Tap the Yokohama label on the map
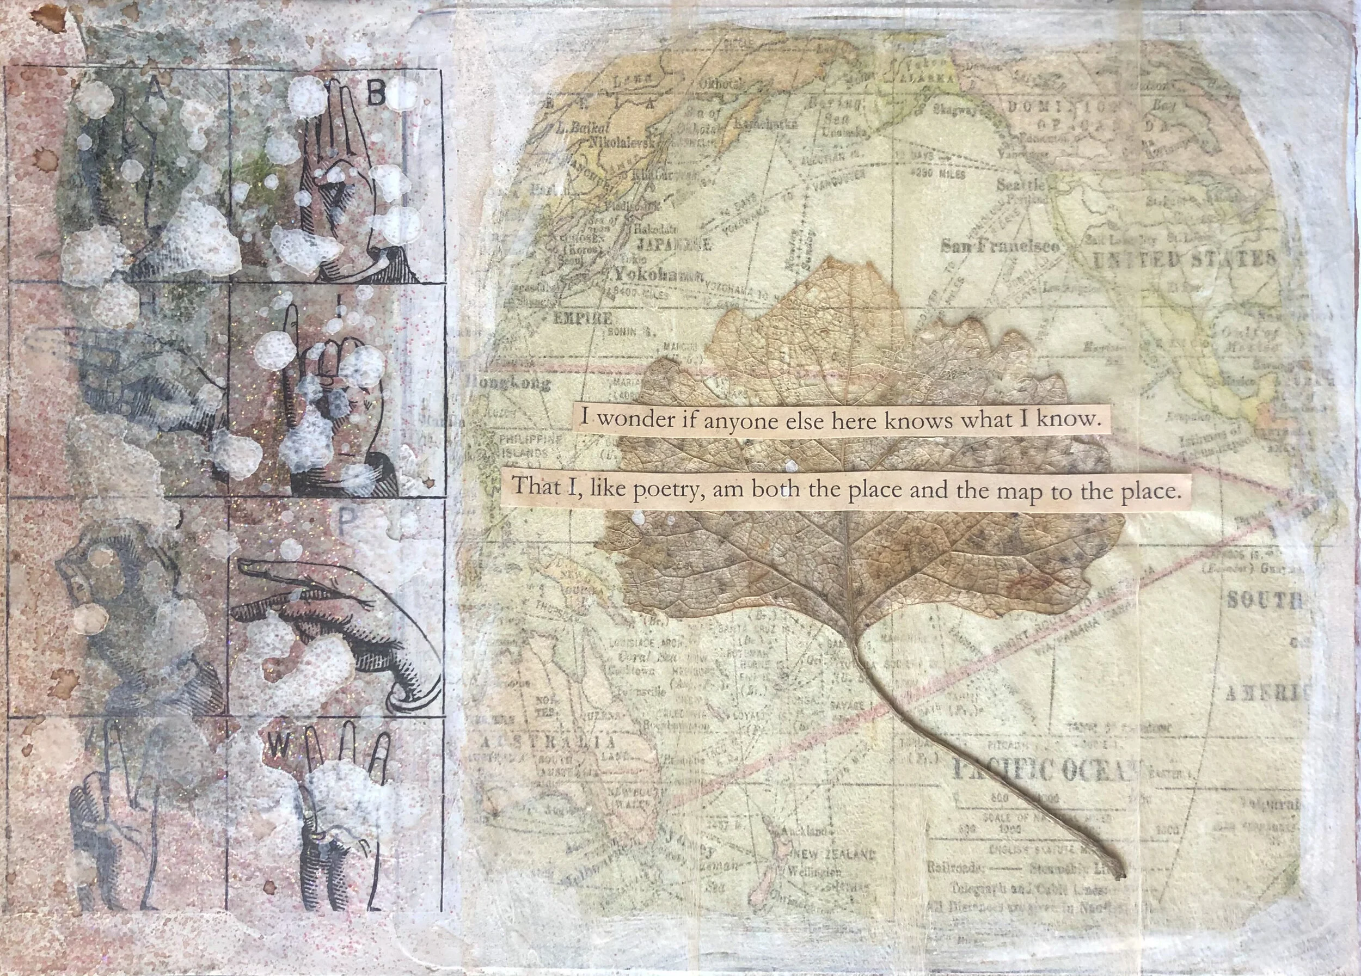[656, 276]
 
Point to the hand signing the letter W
[336, 828]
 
